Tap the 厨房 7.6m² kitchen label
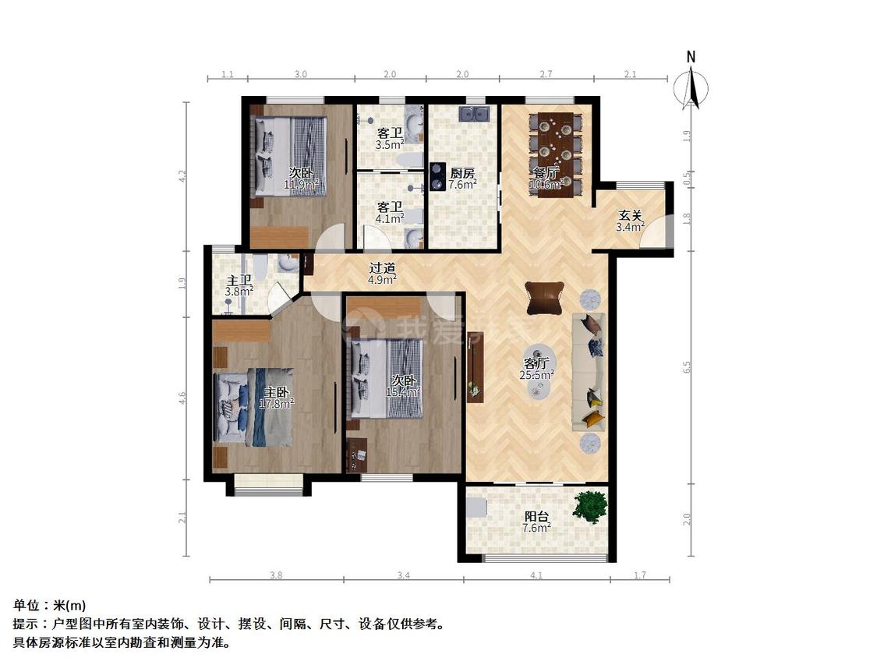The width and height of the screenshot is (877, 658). click(462, 179)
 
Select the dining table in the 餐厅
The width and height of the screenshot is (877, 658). click(556, 154)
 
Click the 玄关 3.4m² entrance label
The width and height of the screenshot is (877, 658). click(631, 221)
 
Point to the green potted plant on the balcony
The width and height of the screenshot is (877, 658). click(590, 506)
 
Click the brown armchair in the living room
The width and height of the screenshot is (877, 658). click(543, 298)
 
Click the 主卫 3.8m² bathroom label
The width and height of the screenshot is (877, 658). click(239, 285)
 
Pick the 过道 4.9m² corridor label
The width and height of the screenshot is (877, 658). click(382, 272)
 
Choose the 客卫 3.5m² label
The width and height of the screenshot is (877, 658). click(390, 139)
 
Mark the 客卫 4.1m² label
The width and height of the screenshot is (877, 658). click(390, 212)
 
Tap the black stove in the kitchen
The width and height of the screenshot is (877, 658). click(437, 175)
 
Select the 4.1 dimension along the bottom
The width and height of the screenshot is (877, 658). click(536, 575)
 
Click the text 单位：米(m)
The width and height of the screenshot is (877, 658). click(50, 605)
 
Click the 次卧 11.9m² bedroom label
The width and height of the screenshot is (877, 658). click(301, 179)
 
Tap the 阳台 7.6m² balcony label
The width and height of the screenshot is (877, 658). click(536, 522)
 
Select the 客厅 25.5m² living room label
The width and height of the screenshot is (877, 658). click(536, 368)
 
